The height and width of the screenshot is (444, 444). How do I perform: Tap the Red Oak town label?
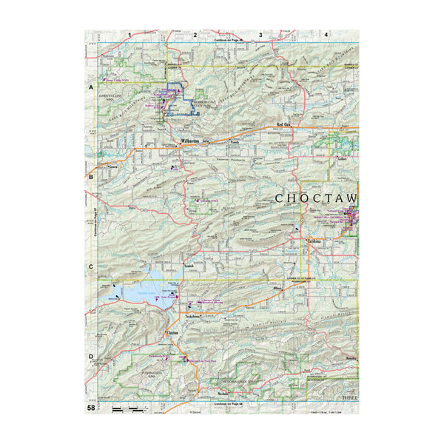(285, 125)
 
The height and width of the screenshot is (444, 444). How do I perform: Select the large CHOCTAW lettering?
(316, 198)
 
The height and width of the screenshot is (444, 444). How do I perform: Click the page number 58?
(91, 408)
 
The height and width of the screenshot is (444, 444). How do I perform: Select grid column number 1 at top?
(129, 34)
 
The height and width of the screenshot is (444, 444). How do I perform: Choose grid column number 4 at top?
(326, 34)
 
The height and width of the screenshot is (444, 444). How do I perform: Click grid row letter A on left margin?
(91, 88)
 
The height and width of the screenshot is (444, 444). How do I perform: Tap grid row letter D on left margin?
(91, 357)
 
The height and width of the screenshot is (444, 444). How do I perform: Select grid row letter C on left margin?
(91, 267)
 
